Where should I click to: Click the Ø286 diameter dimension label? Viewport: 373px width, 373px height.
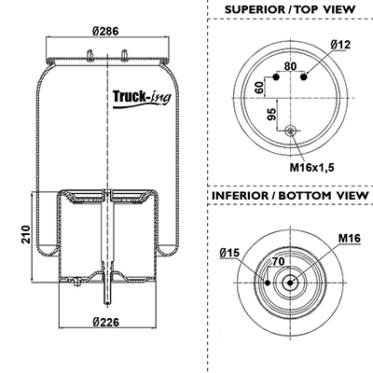[106, 31]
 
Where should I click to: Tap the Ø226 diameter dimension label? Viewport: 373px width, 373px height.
[106, 322]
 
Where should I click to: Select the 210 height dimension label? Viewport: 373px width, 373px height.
[26, 234]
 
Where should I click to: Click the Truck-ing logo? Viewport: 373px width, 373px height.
[142, 99]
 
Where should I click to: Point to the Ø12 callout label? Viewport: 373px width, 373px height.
[340, 45]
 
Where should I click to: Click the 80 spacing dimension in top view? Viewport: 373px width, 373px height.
[290, 66]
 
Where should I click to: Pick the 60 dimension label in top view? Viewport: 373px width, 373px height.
[259, 88]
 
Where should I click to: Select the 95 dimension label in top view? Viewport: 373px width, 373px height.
[271, 115]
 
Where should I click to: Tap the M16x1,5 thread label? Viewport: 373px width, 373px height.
[311, 168]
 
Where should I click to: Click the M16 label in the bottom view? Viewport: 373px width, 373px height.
[350, 239]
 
